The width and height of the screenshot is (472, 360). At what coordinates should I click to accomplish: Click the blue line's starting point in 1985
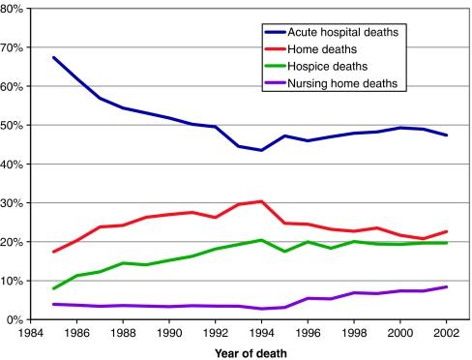53,58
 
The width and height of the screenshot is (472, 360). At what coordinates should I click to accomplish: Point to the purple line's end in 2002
446,286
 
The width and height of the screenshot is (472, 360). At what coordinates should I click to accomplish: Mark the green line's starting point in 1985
53,288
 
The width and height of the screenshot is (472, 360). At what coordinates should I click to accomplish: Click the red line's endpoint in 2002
446,231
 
